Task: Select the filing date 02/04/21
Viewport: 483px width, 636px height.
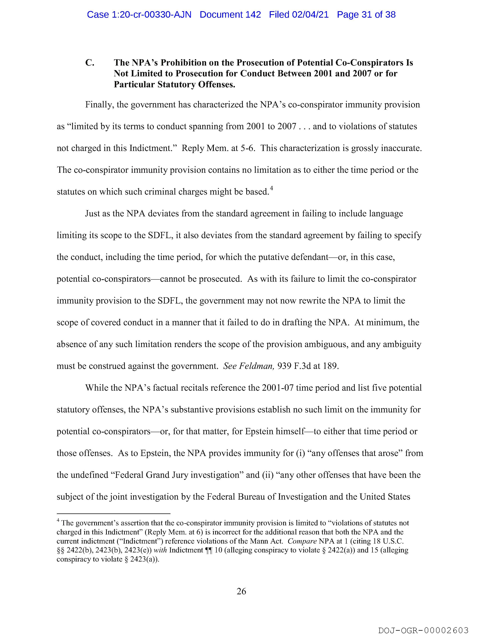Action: pyautogui.click(x=310, y=15)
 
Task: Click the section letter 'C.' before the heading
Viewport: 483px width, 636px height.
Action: pyautogui.click(x=90, y=63)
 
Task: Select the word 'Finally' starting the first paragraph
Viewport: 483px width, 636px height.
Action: pyautogui.click(x=98, y=105)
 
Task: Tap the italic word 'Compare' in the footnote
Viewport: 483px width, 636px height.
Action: pyautogui.click(x=302, y=541)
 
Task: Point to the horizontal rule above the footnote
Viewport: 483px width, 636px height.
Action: pyautogui.click(x=114, y=513)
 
